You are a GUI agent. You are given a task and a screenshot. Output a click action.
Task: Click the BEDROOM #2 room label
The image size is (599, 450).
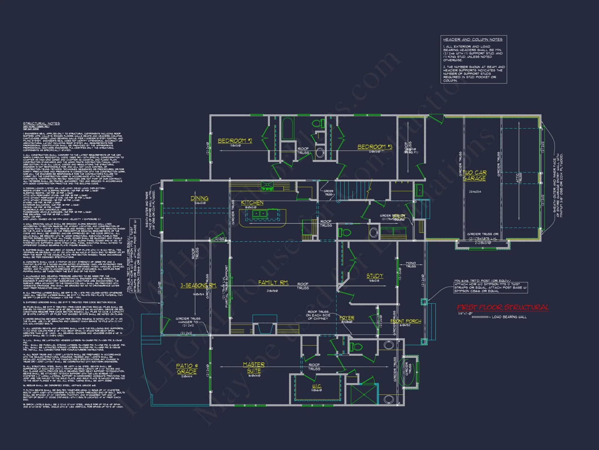(235, 141)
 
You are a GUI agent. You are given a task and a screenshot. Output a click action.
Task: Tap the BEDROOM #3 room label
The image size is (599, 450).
(375, 147)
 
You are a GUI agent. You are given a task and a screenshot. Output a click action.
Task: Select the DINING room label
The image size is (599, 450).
(199, 198)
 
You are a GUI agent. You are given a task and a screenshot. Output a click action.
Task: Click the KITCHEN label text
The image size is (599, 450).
(252, 203)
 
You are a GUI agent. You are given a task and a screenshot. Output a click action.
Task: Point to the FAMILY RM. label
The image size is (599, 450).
(273, 283)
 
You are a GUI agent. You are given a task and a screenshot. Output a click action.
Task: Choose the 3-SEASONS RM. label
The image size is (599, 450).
(198, 285)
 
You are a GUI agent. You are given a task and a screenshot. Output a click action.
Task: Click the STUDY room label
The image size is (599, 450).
(375, 276)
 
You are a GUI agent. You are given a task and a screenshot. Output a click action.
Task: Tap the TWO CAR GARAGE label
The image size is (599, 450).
(474, 175)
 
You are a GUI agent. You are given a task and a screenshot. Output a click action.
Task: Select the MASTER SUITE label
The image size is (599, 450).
(254, 367)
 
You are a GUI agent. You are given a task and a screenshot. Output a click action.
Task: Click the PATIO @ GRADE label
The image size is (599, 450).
(187, 369)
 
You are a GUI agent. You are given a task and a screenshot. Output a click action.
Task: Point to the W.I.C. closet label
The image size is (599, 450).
(317, 386)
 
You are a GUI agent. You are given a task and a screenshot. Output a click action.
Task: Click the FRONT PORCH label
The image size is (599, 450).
(406, 321)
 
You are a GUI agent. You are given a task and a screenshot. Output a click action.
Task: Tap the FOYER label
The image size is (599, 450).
(347, 318)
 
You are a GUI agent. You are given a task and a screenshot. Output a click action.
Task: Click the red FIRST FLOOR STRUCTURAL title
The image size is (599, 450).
(503, 307)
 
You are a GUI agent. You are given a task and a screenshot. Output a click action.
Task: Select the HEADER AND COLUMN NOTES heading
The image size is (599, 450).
(473, 40)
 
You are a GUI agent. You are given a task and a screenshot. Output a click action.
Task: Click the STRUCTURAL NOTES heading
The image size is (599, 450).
(41, 124)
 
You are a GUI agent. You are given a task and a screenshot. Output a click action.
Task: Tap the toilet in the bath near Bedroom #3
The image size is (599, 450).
(318, 123)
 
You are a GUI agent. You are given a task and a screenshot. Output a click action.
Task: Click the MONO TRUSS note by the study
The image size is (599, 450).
(411, 265)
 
